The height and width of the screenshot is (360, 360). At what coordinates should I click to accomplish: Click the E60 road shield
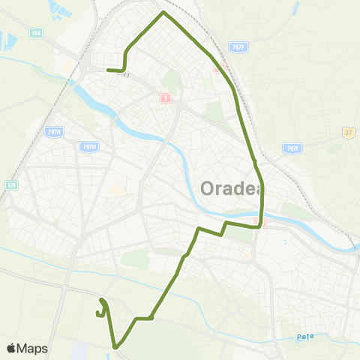tap(36, 33)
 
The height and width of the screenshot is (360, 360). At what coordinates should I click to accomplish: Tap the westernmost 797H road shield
tap(52, 131)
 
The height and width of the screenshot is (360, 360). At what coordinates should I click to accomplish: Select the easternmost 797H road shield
tap(88, 147)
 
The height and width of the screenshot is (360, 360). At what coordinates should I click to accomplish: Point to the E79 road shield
tap(10, 184)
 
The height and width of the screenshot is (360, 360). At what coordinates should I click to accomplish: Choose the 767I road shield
tap(292, 148)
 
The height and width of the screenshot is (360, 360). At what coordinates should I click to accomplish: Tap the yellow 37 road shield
tap(348, 133)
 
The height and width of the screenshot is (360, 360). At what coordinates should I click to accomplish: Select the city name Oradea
tap(230, 187)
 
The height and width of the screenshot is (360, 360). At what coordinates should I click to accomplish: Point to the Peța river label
tap(304, 337)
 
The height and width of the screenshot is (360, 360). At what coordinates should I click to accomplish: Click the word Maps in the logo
tap(31, 349)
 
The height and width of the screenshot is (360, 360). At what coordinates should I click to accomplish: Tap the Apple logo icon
tap(11, 349)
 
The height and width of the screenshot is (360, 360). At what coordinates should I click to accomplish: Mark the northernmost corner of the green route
tap(163, 13)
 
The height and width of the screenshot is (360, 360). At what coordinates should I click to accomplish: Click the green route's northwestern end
tap(109, 70)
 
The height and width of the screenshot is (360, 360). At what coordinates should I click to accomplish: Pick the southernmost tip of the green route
tap(116, 346)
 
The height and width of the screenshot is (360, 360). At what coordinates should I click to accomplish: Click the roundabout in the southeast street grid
tap(232, 307)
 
